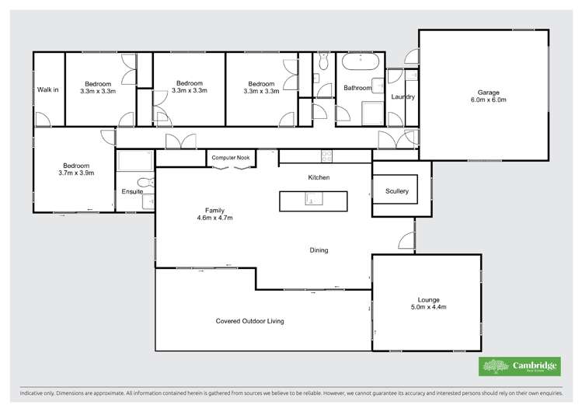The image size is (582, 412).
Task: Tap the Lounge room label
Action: pos(427,299)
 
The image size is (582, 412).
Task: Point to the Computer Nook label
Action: pos(230,158)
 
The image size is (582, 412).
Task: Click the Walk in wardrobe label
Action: pos(48,89)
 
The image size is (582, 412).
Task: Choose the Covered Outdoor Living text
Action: pos(249,320)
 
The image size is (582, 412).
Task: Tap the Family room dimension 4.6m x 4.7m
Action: pos(214,218)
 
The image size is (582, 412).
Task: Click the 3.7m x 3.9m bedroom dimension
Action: pos(76,173)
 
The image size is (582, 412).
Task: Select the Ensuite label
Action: pos(131,191)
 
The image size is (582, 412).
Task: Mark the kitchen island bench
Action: pos(312,201)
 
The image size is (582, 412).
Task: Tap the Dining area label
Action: pos(319,250)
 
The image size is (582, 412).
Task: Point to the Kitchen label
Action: pos(319,178)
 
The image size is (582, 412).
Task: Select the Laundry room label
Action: pos(403,97)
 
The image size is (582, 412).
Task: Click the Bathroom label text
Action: pos(357,88)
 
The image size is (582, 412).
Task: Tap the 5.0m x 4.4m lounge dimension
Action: pos(427,308)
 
